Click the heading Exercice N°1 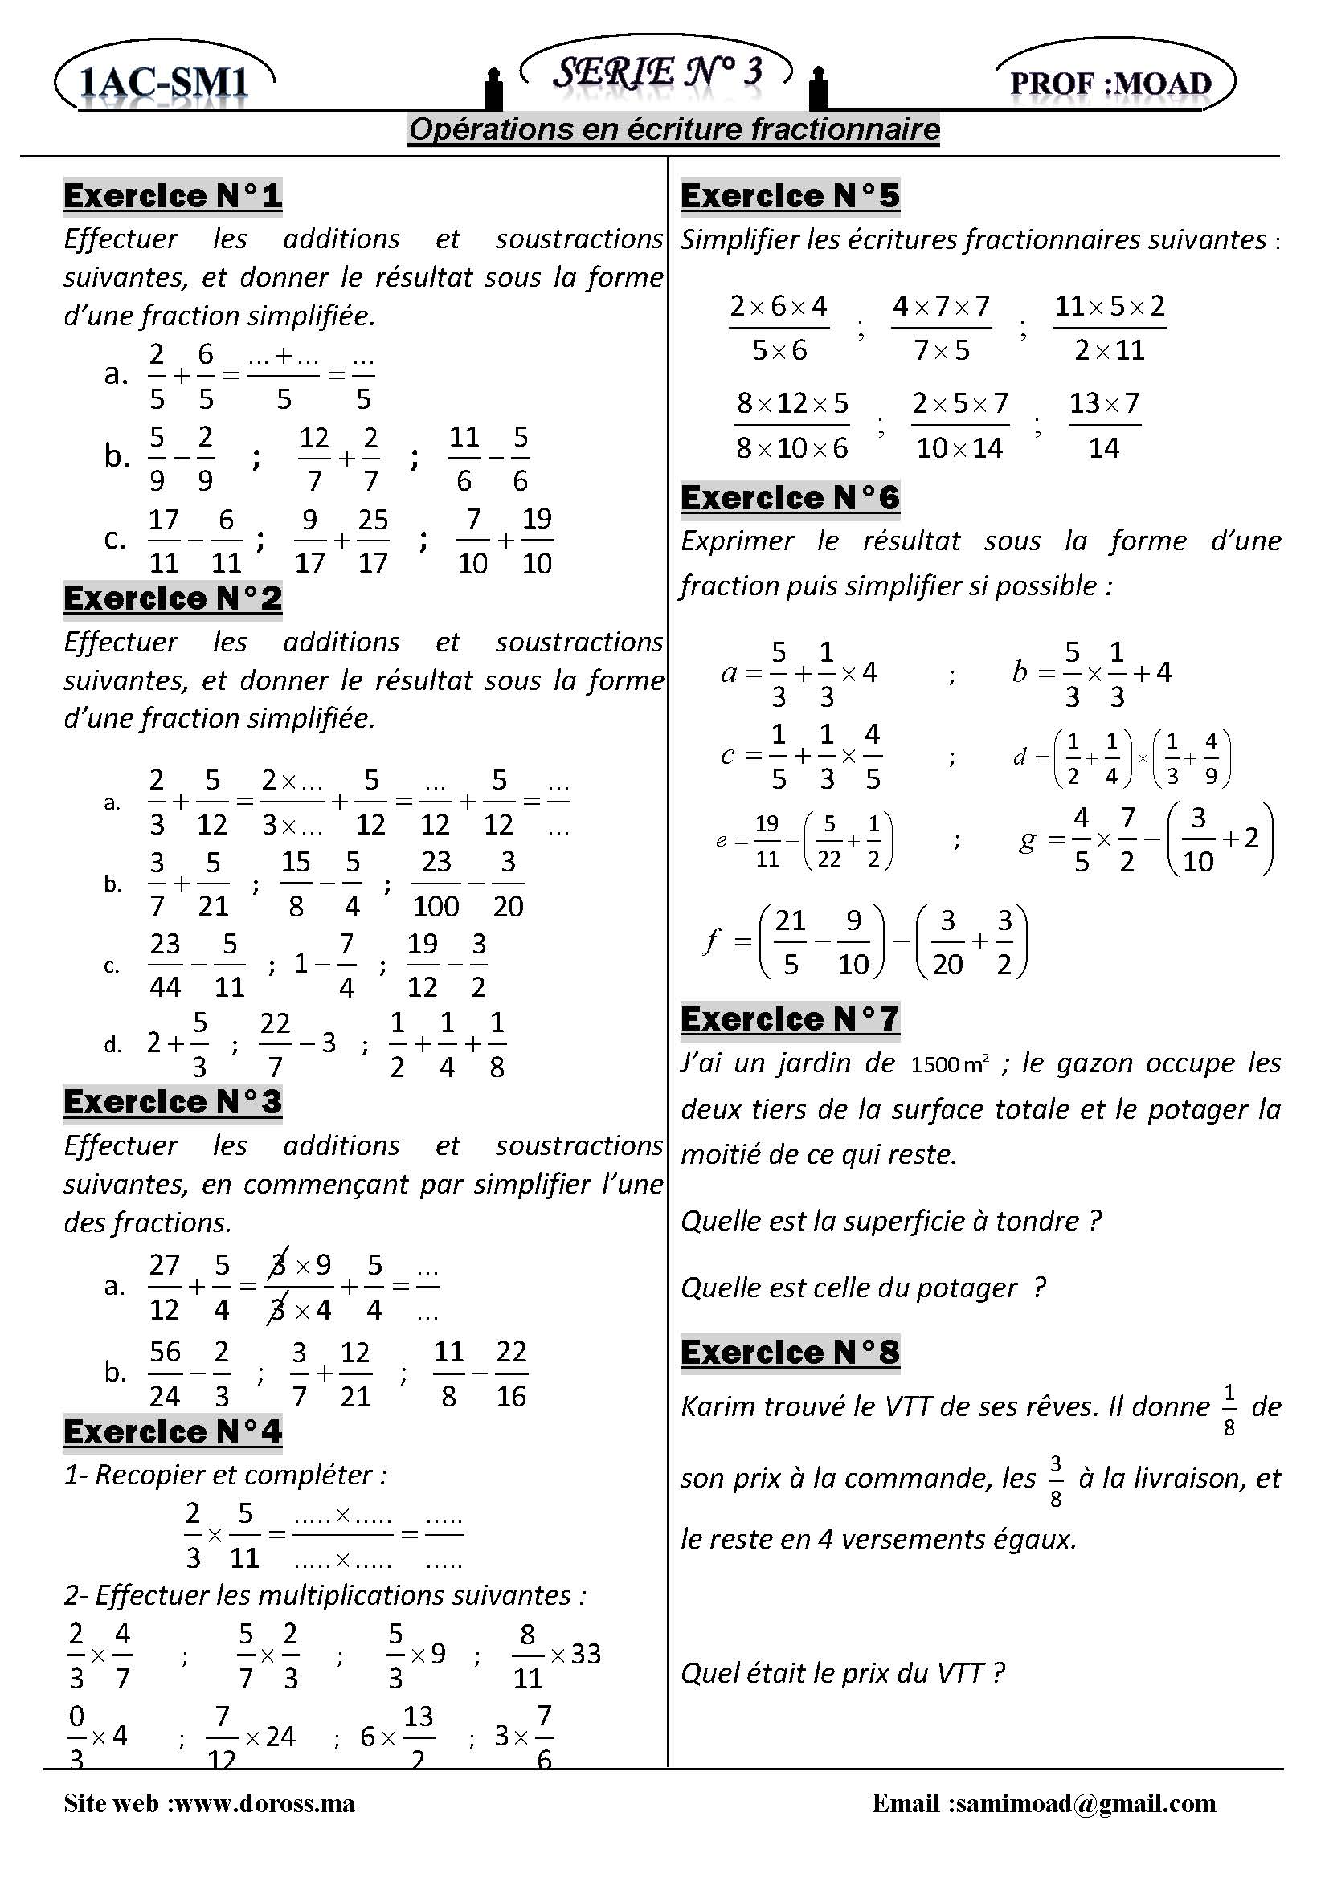[173, 196]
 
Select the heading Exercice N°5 [790, 196]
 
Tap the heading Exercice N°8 [790, 1353]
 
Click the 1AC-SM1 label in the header [164, 84]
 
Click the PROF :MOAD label [1110, 84]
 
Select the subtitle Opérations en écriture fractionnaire [674, 130]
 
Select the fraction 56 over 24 [165, 1373]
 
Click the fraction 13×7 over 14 [1104, 426]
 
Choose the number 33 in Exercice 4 [586, 1653]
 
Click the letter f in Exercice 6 [710, 941]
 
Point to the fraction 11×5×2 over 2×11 [1110, 329]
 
